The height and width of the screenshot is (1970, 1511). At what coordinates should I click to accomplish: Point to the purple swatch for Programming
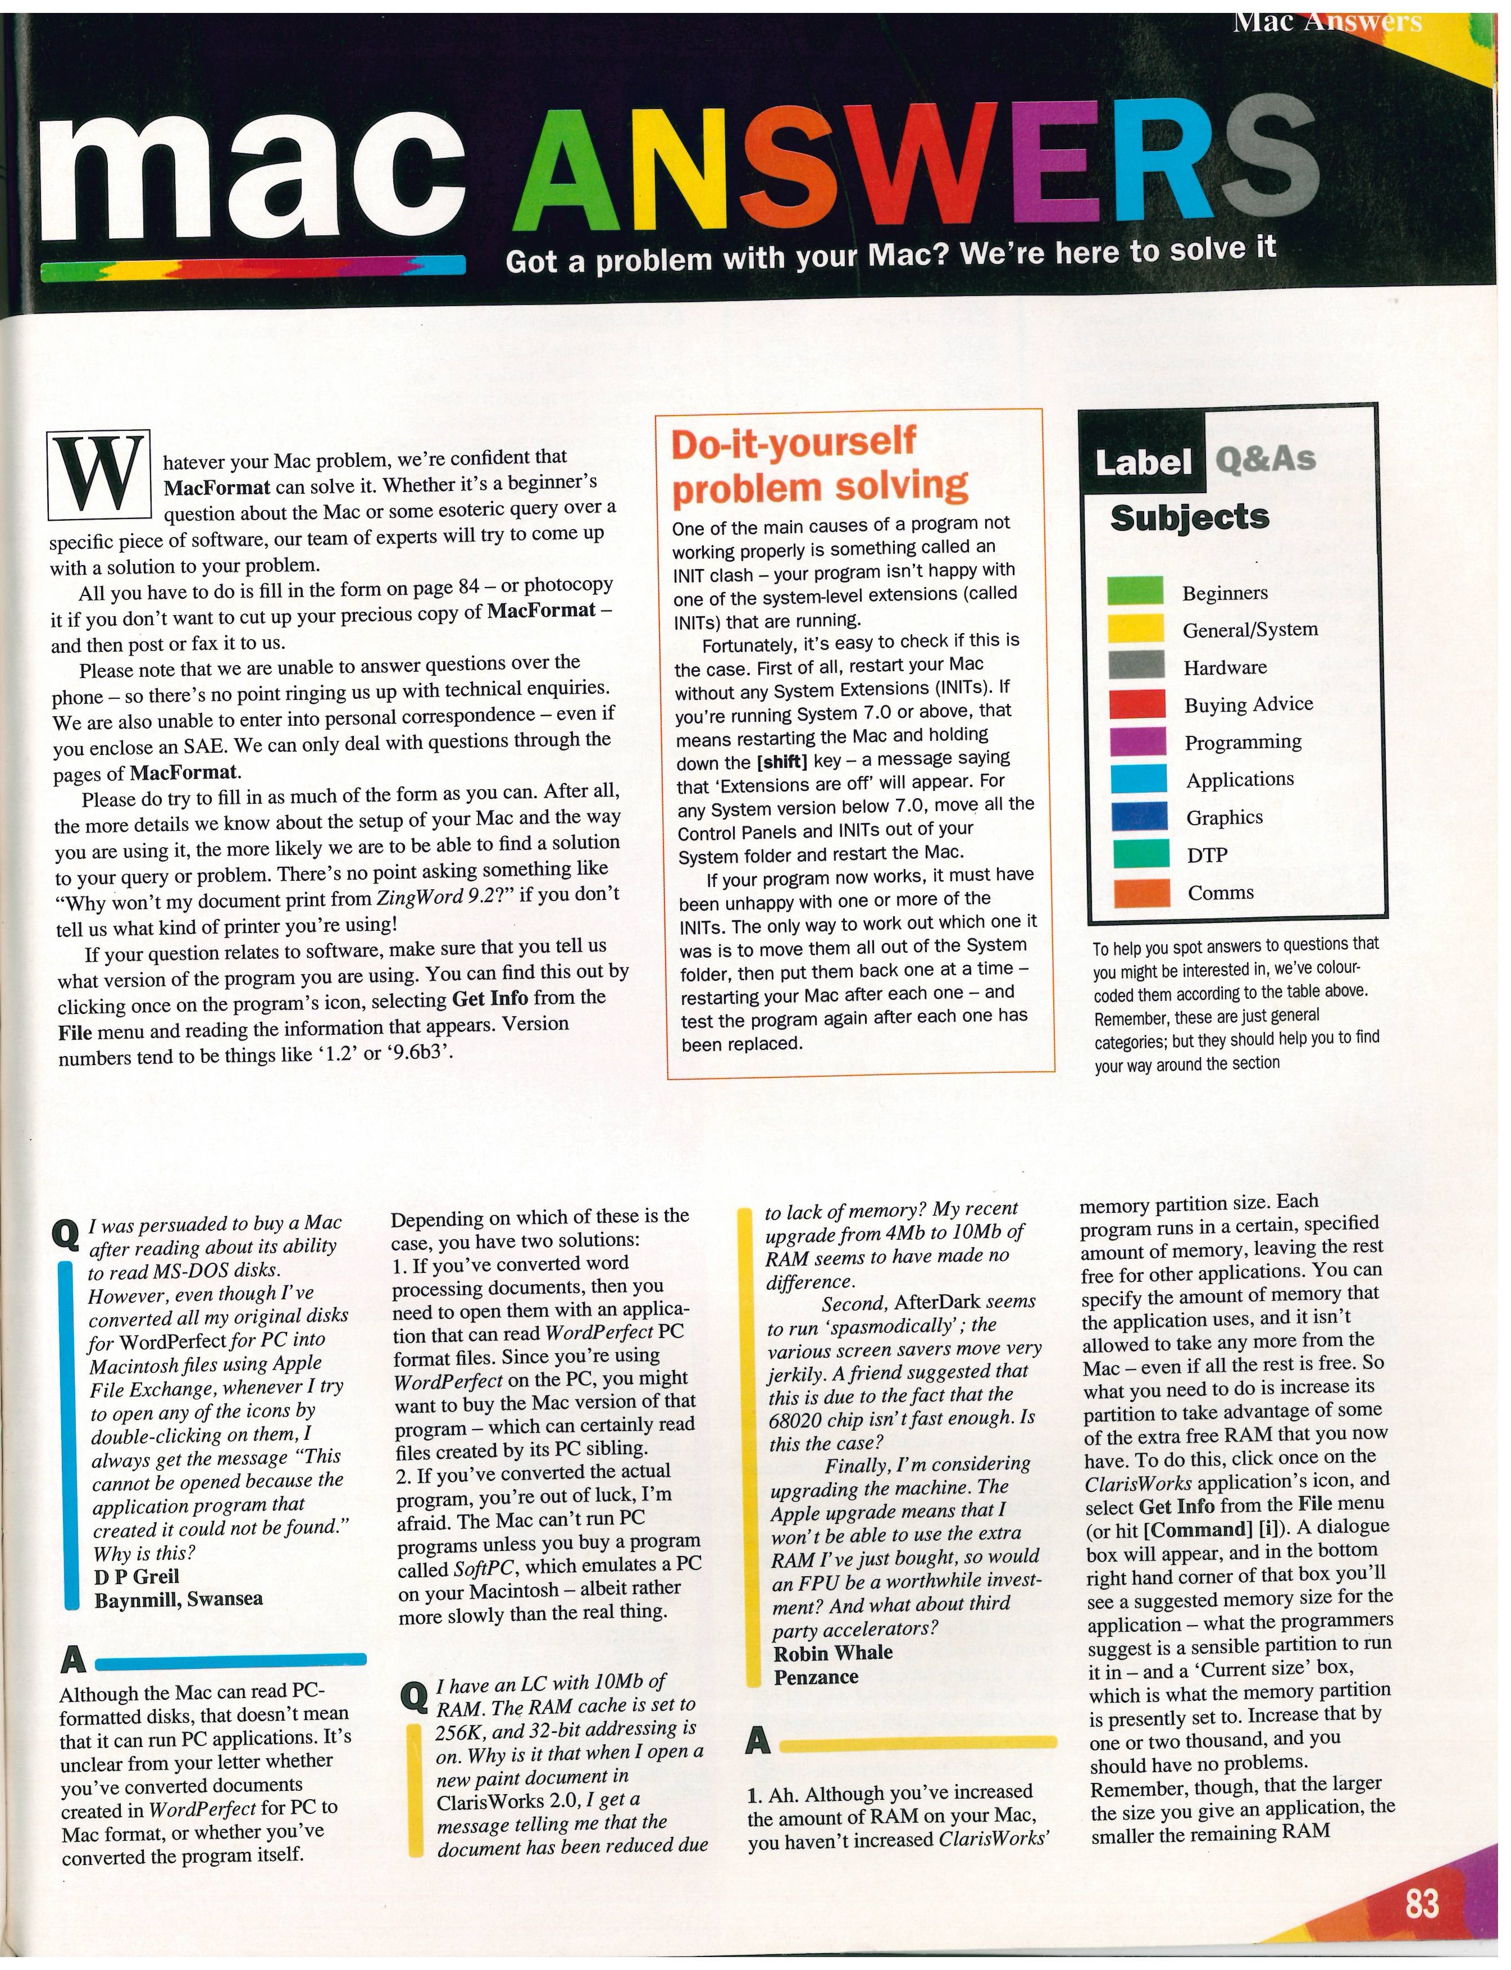coord(1139,741)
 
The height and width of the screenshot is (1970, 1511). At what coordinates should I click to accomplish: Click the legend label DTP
coord(1207,856)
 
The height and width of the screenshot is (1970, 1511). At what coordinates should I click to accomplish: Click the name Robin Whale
coord(833,1651)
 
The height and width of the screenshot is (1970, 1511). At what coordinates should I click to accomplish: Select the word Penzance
coord(816,1677)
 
